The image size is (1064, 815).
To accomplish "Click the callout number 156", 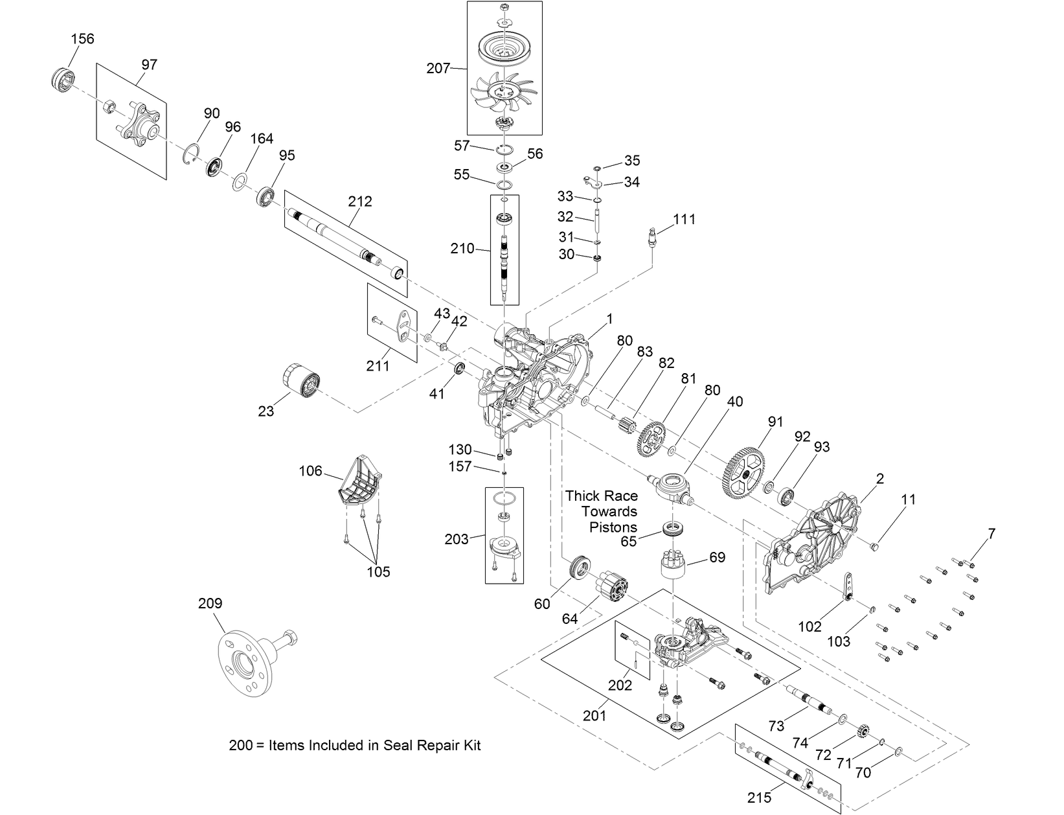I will [x=82, y=38].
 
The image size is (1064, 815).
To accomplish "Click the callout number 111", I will [x=684, y=219].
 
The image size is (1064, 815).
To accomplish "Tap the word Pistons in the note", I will [x=613, y=527].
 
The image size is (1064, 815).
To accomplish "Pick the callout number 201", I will [x=594, y=715].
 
